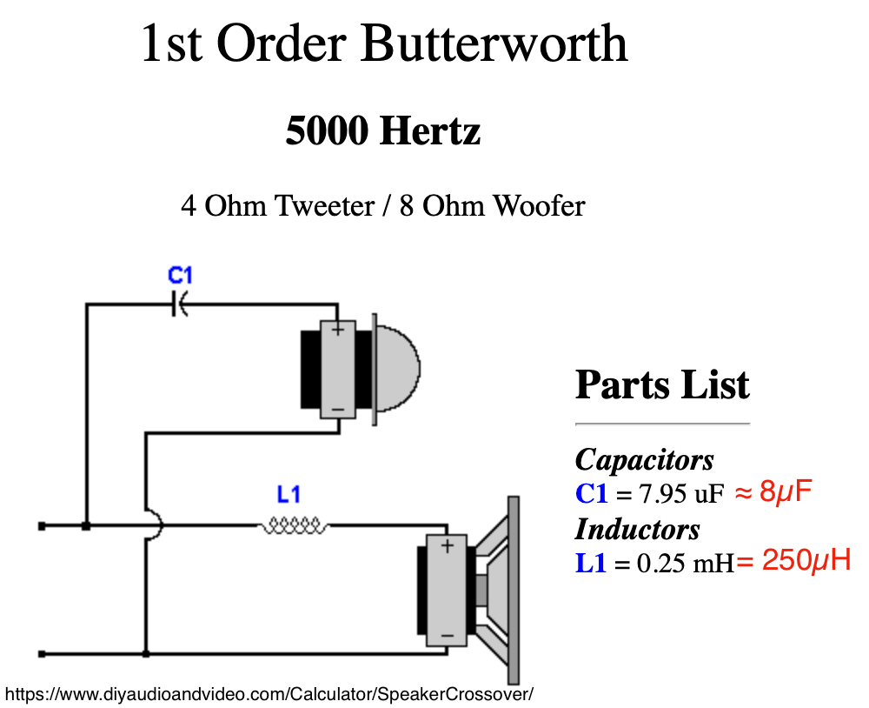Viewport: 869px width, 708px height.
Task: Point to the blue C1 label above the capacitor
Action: (180, 277)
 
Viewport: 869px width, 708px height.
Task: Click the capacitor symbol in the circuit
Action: (181, 304)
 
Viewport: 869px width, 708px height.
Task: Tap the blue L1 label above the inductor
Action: (289, 496)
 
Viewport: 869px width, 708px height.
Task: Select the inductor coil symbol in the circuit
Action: (293, 525)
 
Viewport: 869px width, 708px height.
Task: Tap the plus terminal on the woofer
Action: (447, 546)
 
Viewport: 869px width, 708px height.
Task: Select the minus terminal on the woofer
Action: (447, 637)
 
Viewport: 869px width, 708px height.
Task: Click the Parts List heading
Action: (662, 384)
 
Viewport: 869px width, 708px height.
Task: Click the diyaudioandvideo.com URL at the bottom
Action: (269, 694)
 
